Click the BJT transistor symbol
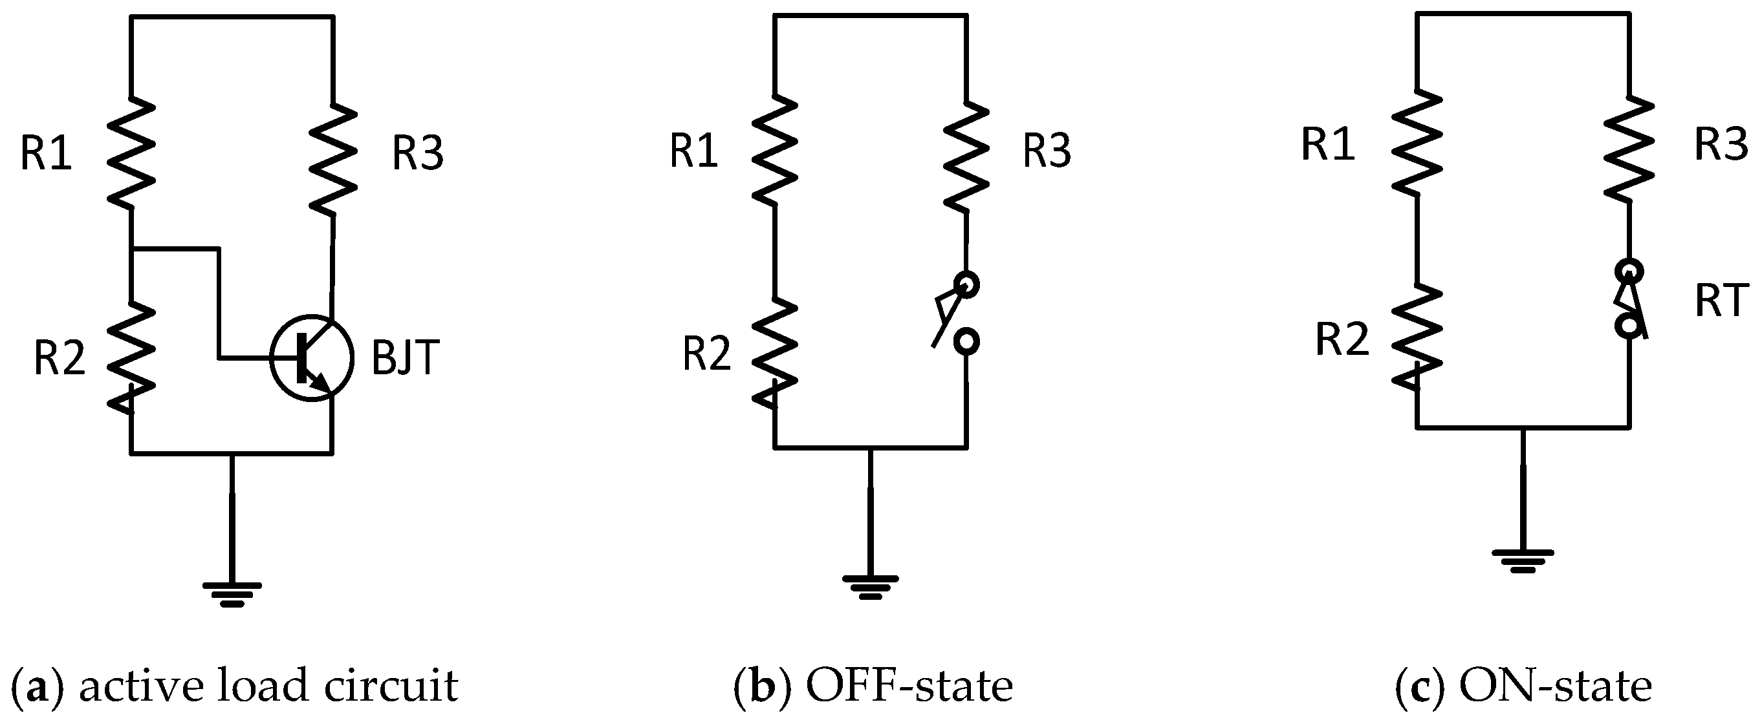(x=312, y=357)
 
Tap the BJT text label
(x=405, y=357)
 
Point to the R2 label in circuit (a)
(x=60, y=357)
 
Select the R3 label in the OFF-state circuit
(x=1047, y=151)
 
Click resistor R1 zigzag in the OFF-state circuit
(x=774, y=149)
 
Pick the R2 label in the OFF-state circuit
(x=707, y=354)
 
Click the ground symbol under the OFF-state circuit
(x=870, y=587)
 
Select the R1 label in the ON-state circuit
(x=1328, y=145)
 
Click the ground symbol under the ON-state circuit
(x=1523, y=560)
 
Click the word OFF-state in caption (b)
(x=909, y=686)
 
